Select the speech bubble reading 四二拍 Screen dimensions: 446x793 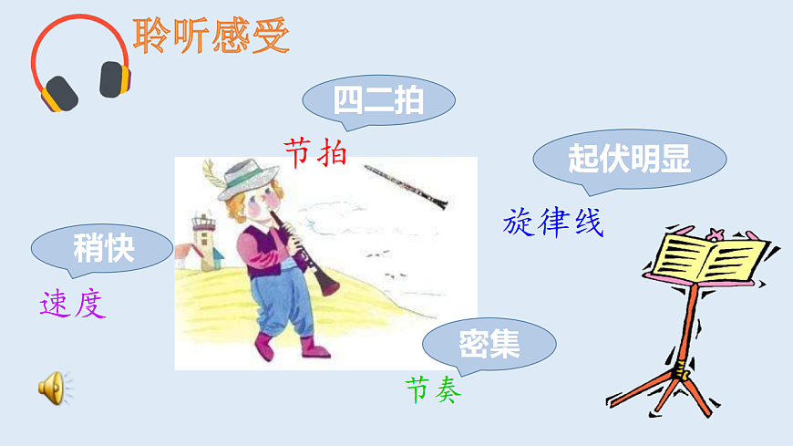[378, 100]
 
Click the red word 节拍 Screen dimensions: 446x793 [315, 151]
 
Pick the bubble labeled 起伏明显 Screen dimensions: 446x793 [629, 160]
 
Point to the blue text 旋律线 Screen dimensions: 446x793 [553, 223]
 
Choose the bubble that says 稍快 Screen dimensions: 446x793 [103, 248]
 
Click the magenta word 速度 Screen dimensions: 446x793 [73, 304]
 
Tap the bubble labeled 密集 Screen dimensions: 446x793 [489, 344]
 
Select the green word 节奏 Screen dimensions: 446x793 [433, 389]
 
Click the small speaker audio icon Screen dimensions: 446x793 [52, 388]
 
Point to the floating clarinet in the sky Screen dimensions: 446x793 [406, 185]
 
